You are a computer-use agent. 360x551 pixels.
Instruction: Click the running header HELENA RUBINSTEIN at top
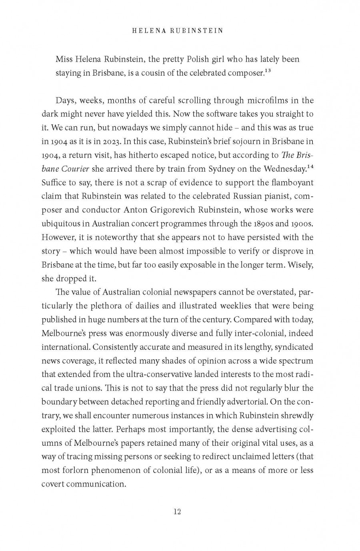pyautogui.click(x=177, y=31)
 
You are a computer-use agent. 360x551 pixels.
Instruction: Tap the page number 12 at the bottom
pyautogui.click(x=177, y=511)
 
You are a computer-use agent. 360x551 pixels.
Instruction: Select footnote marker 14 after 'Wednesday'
pyautogui.click(x=310, y=166)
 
